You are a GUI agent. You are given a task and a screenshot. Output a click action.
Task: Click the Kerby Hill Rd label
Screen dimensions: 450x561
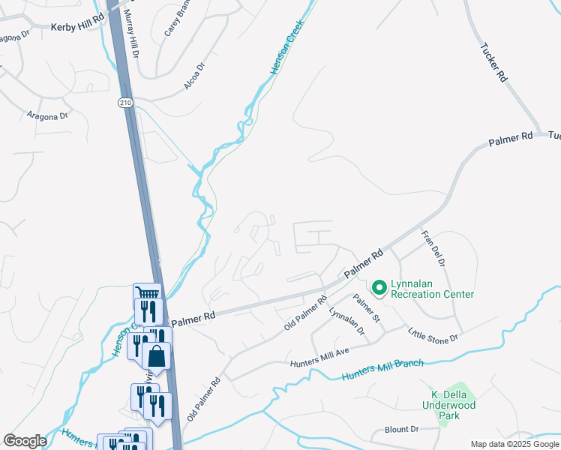pyautogui.click(x=76, y=26)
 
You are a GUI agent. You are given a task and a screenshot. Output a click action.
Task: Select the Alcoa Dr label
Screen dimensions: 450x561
pyautogui.click(x=194, y=77)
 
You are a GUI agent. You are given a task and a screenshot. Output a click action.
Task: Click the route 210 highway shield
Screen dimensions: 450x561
pyautogui.click(x=125, y=101)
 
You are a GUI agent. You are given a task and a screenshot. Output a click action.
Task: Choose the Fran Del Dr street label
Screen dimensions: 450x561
pyautogui.click(x=433, y=248)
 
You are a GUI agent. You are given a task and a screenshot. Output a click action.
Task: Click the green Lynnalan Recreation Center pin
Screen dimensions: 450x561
pyautogui.click(x=379, y=286)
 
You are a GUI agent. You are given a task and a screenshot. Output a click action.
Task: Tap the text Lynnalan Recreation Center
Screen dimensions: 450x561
pyautogui.click(x=431, y=294)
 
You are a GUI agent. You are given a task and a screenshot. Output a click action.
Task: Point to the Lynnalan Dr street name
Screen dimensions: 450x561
pyautogui.click(x=346, y=321)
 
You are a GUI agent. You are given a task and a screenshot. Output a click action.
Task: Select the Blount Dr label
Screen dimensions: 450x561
pyautogui.click(x=401, y=430)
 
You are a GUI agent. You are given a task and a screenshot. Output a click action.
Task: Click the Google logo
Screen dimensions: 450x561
pyautogui.click(x=25, y=441)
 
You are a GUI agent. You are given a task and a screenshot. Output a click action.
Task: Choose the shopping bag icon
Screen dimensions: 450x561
pyautogui.click(x=156, y=355)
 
